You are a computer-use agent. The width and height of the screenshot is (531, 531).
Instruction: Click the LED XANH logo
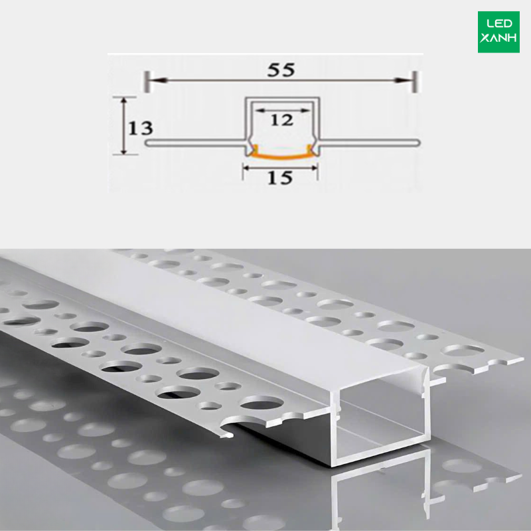click(x=498, y=32)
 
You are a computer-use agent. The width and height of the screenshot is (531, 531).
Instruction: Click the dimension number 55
click(x=281, y=70)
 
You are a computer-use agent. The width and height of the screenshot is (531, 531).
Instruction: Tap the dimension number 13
click(x=140, y=128)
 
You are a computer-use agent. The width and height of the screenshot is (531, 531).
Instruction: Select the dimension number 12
click(x=281, y=120)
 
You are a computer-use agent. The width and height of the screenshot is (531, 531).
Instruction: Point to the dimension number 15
click(x=280, y=177)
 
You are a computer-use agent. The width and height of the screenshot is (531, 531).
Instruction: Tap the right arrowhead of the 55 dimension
click(x=403, y=80)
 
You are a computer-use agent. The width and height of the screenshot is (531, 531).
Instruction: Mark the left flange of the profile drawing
click(x=195, y=143)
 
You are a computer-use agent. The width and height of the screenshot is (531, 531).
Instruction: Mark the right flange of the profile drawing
click(x=370, y=143)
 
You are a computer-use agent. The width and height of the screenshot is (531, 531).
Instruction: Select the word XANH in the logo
click(x=498, y=38)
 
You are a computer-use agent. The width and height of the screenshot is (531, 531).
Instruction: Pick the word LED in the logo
click(x=499, y=23)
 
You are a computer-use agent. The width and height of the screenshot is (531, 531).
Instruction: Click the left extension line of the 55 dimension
click(x=147, y=81)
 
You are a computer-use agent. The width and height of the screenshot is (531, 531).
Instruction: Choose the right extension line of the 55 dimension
click(x=414, y=81)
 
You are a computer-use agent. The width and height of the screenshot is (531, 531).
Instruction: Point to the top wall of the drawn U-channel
click(x=282, y=99)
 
